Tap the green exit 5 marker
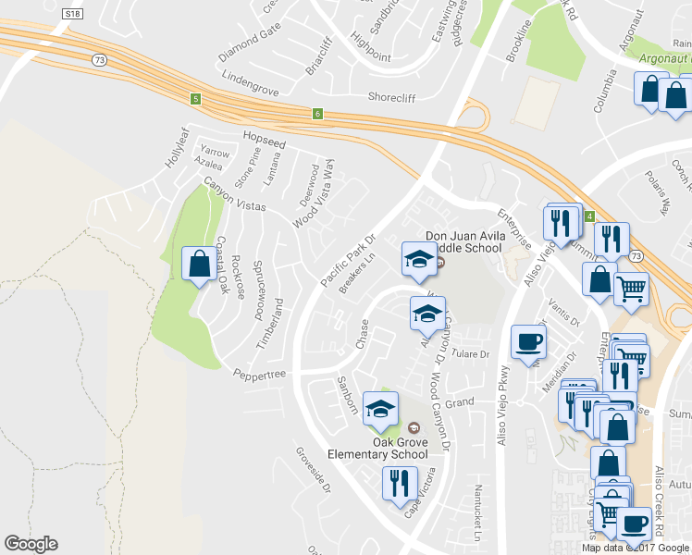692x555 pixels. pos(195,98)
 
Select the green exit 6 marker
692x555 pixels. pos(317,114)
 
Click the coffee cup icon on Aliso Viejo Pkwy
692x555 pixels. pos(528,341)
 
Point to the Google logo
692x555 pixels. pos(31,544)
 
